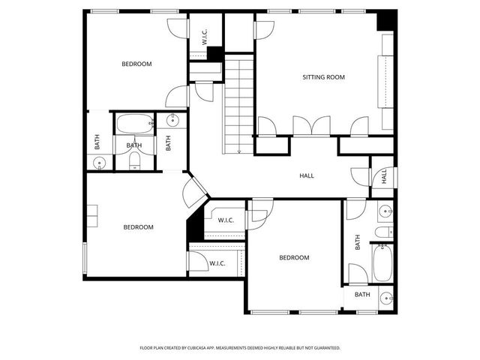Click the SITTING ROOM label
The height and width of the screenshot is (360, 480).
[x=323, y=77]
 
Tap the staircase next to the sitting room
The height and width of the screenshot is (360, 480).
[x=239, y=105]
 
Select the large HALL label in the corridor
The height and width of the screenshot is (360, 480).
[x=307, y=175]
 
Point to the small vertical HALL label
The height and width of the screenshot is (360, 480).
[x=383, y=176]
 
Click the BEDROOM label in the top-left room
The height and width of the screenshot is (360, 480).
[x=136, y=64]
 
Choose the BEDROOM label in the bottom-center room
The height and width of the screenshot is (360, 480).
[x=294, y=258]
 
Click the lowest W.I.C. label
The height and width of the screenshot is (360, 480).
[x=217, y=263]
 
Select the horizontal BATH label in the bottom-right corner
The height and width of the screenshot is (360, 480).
[x=362, y=295]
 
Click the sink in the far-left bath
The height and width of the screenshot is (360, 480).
[x=98, y=163]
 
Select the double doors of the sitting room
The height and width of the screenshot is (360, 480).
[x=310, y=126]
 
